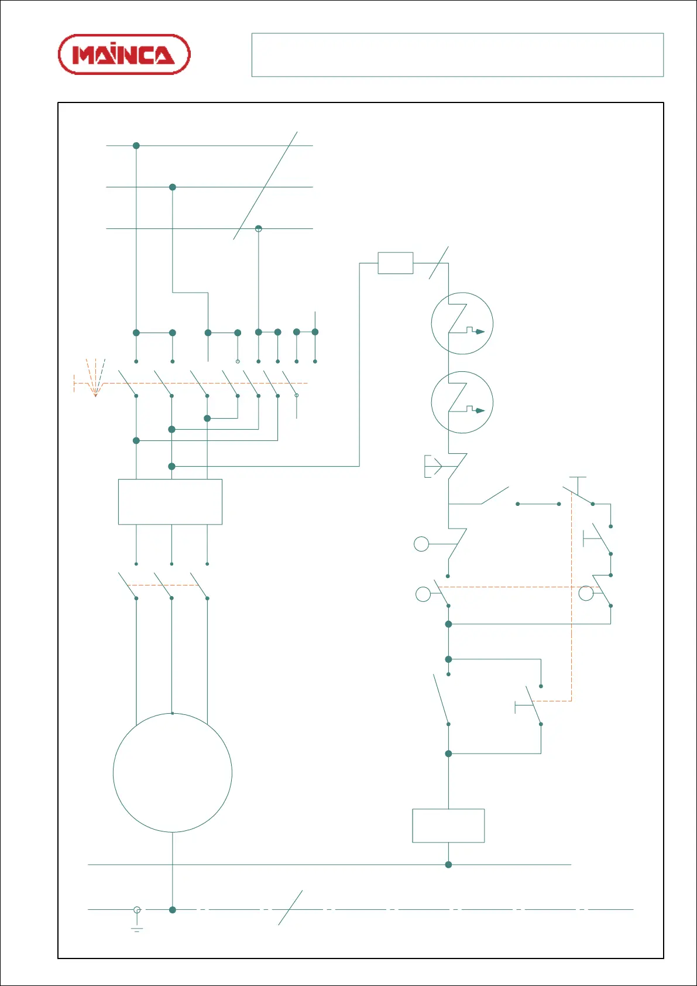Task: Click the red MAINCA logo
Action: click(124, 54)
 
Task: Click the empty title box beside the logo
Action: click(457, 55)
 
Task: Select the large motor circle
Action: click(172, 773)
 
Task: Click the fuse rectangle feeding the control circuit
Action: click(396, 263)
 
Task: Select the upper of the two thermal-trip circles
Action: click(462, 323)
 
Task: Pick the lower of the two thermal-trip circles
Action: click(462, 402)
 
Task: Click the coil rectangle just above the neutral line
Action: click(448, 826)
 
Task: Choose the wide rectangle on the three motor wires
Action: click(170, 502)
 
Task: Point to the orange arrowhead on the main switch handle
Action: click(95, 395)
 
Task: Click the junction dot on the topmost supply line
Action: click(136, 145)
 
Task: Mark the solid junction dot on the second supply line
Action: click(173, 187)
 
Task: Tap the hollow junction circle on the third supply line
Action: click(259, 228)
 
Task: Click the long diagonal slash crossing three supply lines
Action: click(265, 186)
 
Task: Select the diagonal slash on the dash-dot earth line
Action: click(290, 908)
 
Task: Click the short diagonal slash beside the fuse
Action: click(438, 263)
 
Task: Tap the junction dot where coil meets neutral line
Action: click(448, 865)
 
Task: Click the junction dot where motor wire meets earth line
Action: click(172, 910)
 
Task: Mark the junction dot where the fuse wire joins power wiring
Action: click(171, 467)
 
